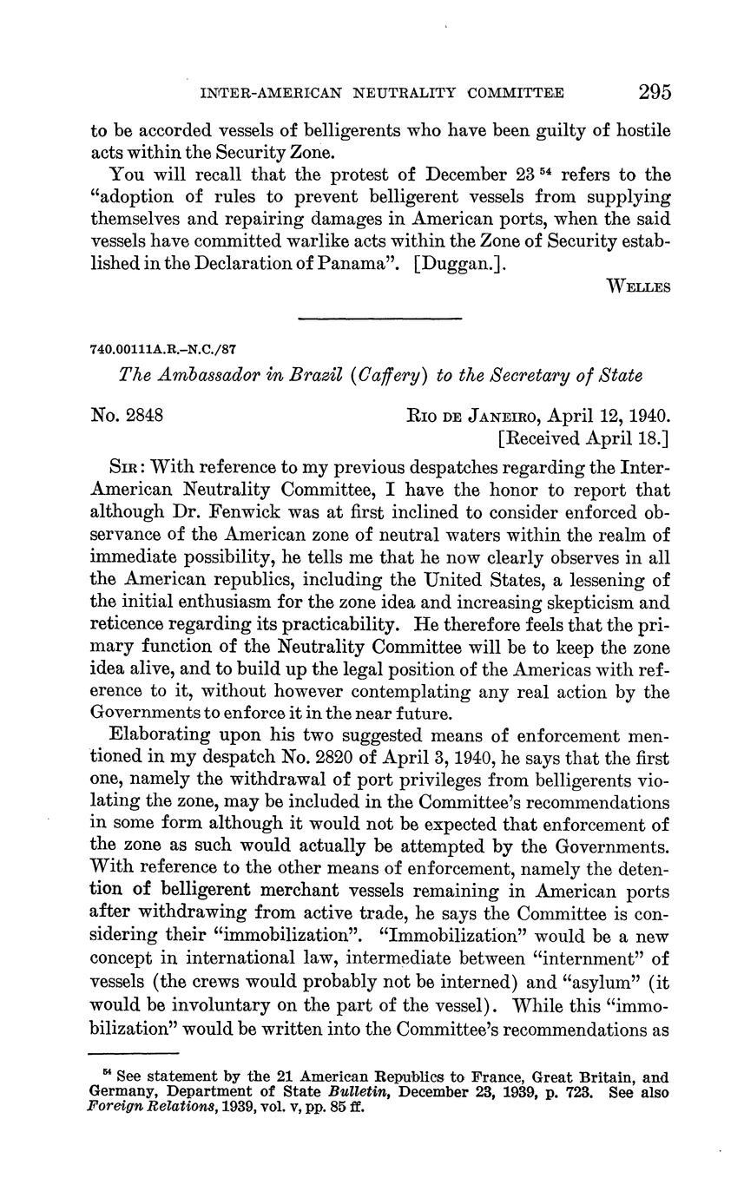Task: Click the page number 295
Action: tap(654, 92)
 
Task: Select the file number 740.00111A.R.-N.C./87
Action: tap(163, 349)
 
